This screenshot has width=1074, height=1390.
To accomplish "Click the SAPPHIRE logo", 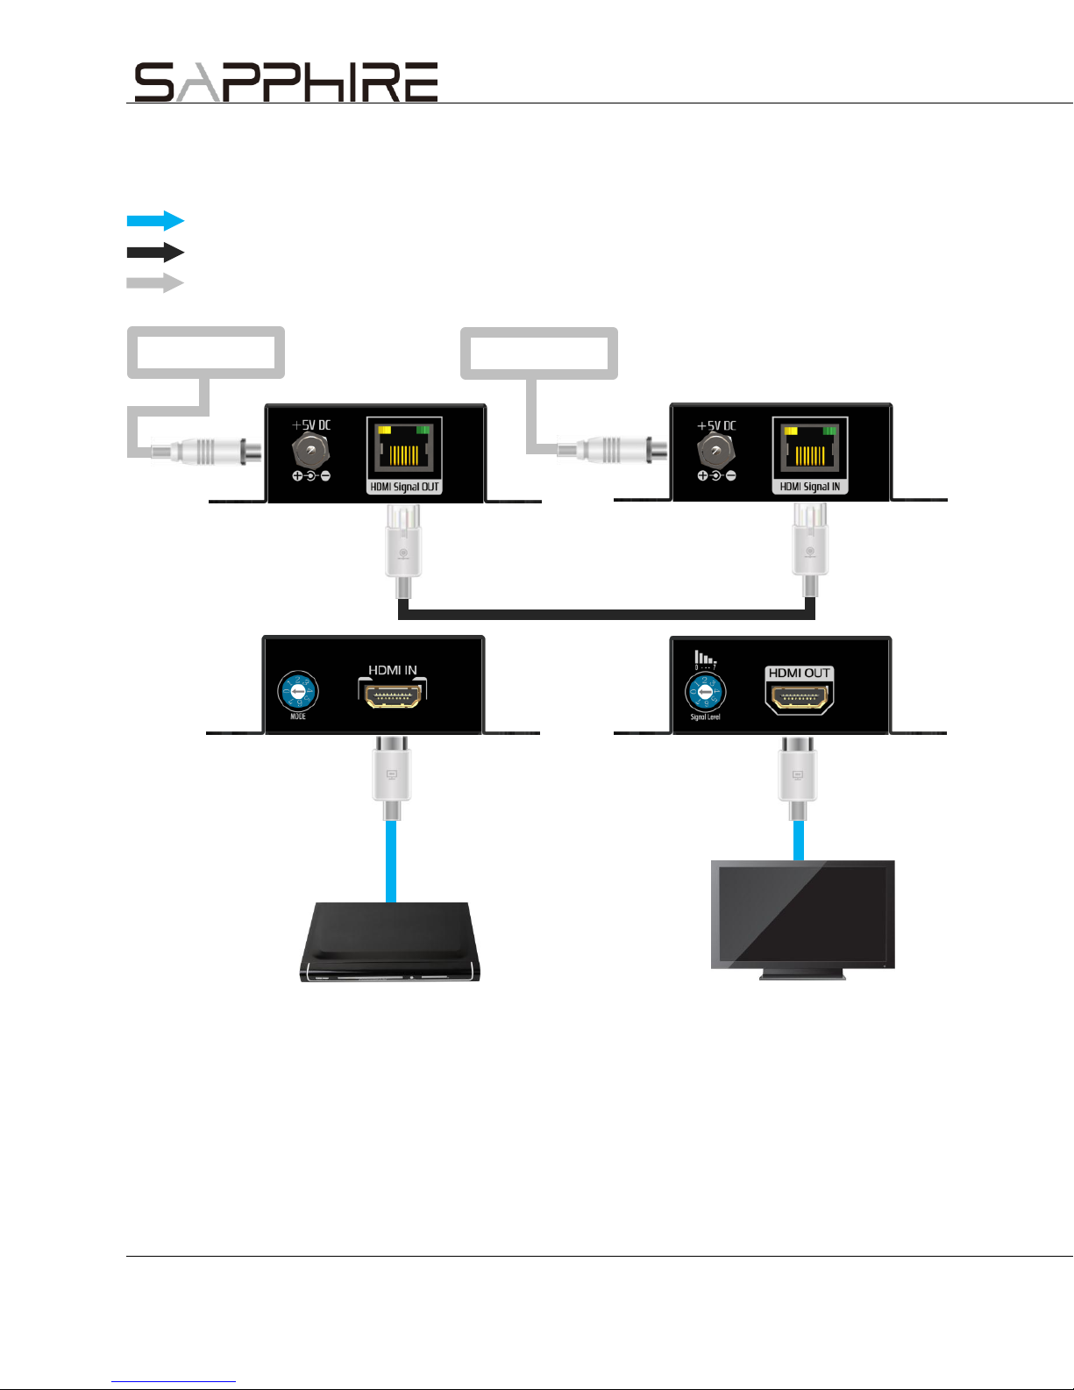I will tap(286, 82).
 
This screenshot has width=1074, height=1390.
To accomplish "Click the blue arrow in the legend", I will tap(155, 220).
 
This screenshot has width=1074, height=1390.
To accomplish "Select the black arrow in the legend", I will tap(155, 253).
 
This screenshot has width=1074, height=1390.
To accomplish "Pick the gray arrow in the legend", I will tap(155, 283).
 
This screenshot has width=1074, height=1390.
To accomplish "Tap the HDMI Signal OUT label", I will tap(404, 487).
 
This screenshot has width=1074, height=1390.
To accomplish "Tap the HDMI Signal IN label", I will tap(810, 487).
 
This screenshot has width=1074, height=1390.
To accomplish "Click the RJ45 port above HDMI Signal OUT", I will tap(404, 448).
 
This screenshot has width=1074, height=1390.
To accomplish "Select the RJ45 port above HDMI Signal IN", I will tap(810, 448).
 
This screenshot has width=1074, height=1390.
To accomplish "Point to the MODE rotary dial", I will tap(298, 692).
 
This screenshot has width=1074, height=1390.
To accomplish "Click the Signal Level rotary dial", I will tap(705, 693).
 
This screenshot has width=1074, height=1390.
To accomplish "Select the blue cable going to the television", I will tap(799, 839).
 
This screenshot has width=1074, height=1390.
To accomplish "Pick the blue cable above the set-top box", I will tap(391, 859).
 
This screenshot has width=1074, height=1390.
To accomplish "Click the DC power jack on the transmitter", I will tap(310, 452).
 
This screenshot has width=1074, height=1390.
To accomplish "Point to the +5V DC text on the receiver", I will tap(716, 425).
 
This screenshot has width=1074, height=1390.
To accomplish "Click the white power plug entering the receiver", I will tap(614, 451).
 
